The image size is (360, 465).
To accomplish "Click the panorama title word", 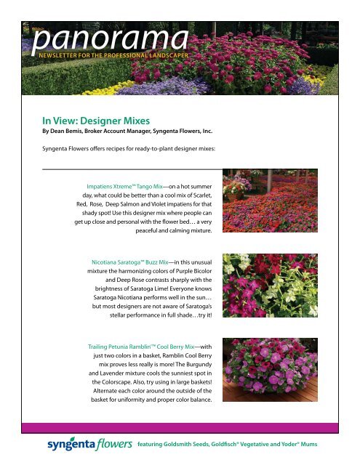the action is (x=109, y=37).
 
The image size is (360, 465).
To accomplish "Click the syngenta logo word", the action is (x=72, y=445).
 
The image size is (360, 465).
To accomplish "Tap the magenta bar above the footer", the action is (x=180, y=424).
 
